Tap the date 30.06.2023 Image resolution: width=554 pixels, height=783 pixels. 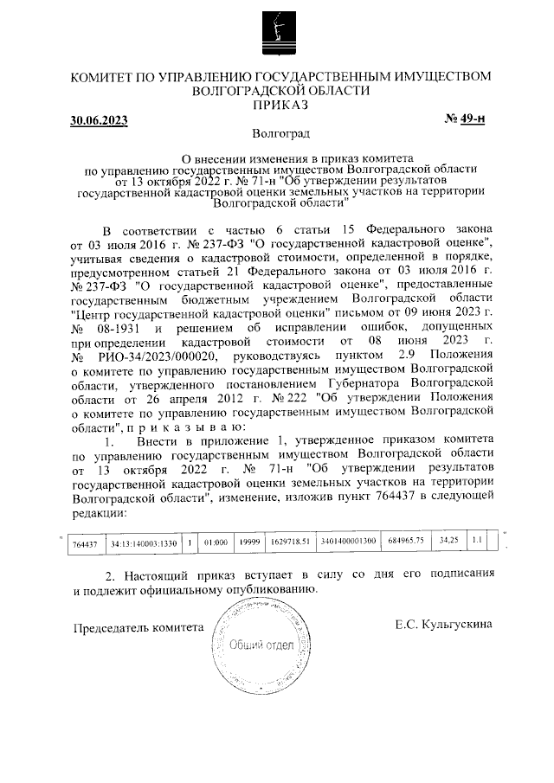[x=99, y=121]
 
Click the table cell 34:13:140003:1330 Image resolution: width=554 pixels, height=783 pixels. [x=144, y=542]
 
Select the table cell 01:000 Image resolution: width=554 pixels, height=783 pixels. [x=216, y=542]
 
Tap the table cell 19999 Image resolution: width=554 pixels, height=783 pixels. [x=250, y=542]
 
